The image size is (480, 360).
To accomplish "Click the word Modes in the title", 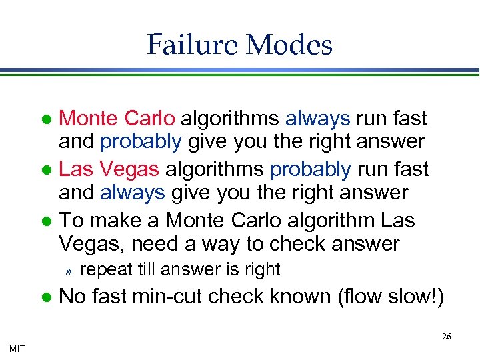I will point(289,45).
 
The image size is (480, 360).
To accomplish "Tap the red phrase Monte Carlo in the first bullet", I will point(117,118).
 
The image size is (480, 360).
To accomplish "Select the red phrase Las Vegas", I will point(109,169).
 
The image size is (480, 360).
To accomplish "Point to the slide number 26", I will point(446,336).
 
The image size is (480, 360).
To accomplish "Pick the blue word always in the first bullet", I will point(317,118).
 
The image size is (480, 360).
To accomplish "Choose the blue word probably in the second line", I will point(140,141).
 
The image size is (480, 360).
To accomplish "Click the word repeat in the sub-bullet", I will point(101,269).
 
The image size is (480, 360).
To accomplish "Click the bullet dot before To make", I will point(45,221).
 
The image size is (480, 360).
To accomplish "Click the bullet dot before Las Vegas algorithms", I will point(45,170).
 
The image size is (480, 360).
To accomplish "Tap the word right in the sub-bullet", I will point(260,269).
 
